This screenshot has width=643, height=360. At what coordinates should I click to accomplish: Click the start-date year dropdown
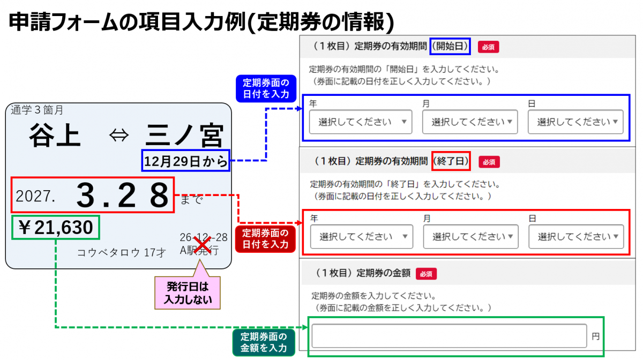coord(361,122)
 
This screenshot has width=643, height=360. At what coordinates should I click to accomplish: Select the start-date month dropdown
coord(470,122)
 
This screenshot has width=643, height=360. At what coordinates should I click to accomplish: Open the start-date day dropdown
coord(575,122)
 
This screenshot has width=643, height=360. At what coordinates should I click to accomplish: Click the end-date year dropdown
coord(362,237)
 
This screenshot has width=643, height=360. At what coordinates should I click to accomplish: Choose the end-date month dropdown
coord(471,237)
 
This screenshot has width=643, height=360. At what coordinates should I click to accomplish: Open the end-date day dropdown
coord(577,237)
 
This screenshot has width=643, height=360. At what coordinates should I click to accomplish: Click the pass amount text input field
coord(449,336)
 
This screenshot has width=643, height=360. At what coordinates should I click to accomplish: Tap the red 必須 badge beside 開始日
coord(488,47)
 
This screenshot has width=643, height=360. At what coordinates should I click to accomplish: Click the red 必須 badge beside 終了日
coord(489,162)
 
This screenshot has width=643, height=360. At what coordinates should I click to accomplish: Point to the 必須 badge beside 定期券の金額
coord(427,274)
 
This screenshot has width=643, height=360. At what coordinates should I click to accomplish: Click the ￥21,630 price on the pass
coord(56,227)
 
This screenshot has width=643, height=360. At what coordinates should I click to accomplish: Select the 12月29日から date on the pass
coord(186,161)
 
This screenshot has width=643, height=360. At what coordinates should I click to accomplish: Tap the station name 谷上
coord(55,135)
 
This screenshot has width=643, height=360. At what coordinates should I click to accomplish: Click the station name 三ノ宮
coord(184,135)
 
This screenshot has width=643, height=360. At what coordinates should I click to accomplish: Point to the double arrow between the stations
coord(119,135)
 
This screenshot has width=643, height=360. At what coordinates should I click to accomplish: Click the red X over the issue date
coord(203,245)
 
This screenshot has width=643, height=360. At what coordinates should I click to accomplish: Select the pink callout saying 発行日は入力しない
coord(188,293)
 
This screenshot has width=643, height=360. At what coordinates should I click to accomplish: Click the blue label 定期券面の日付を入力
coord(266,88)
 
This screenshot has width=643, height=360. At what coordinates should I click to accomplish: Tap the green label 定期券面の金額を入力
coord(264,342)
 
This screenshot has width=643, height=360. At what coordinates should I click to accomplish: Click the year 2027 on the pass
coord(35,197)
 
